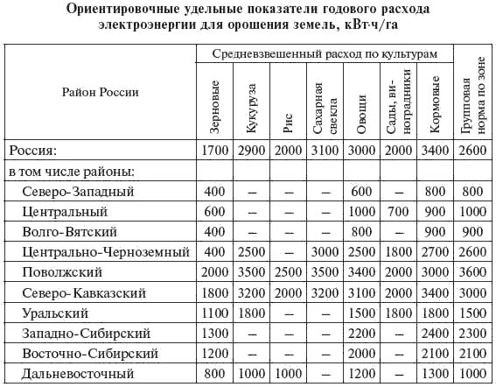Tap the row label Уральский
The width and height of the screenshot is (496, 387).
tap(66, 313)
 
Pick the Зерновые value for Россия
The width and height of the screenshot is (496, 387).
tap(214, 151)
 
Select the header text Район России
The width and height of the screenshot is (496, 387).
tap(100, 91)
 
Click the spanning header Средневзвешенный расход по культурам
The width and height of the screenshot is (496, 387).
tap(324, 53)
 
